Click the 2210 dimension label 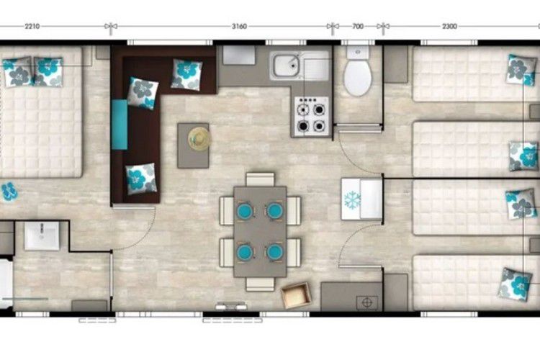tap(32, 26)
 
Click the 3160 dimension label tap(239, 26)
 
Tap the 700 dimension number tap(358, 26)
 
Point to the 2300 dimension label tap(449, 26)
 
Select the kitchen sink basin tap(286, 66)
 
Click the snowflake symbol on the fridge tap(352, 200)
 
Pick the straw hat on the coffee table tap(199, 139)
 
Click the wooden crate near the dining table tap(296, 295)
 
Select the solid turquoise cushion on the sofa tap(120, 125)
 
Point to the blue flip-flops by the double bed tap(8, 192)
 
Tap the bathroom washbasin tap(42, 235)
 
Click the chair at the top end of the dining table tap(261, 179)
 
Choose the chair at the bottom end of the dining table tap(261, 284)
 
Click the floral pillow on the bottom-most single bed tap(516, 284)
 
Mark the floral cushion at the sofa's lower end tap(141, 179)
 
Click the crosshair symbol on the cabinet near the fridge tap(367, 302)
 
